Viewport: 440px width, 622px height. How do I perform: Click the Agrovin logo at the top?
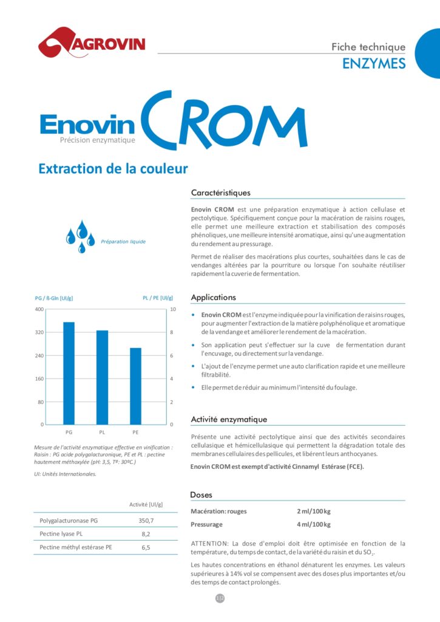[91, 43]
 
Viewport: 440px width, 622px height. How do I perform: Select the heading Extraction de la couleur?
[113, 168]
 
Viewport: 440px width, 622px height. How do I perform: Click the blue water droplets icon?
[80, 236]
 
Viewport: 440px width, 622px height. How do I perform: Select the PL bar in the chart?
[102, 377]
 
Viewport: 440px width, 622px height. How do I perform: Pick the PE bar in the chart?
[135, 386]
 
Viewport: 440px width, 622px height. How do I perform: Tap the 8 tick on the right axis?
[173, 333]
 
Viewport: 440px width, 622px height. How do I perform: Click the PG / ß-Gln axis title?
[54, 298]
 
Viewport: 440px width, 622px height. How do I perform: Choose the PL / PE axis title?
[158, 298]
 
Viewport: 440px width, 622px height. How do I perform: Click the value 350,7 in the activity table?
[146, 521]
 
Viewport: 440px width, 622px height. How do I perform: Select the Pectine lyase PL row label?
[61, 534]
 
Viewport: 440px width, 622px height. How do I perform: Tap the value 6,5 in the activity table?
[146, 547]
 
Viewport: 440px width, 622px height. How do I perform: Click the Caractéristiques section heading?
[220, 193]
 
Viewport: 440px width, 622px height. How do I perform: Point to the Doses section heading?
[201, 495]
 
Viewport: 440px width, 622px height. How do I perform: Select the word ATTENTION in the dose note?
[209, 543]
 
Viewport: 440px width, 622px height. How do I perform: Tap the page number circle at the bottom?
[220, 598]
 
